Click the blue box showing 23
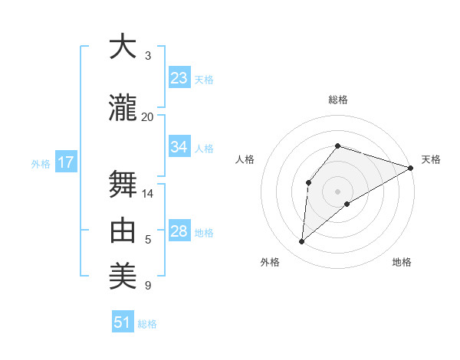(179, 78)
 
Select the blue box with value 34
(179, 147)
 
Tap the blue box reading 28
(179, 231)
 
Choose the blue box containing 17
(65, 162)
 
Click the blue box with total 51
(123, 322)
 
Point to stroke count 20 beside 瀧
(147, 116)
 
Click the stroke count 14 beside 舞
(147, 193)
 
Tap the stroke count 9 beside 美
(148, 286)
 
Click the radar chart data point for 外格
(301, 242)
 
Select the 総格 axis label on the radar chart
(338, 100)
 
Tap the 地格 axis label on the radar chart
(402, 262)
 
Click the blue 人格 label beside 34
(204, 148)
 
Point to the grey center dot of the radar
(337, 191)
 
